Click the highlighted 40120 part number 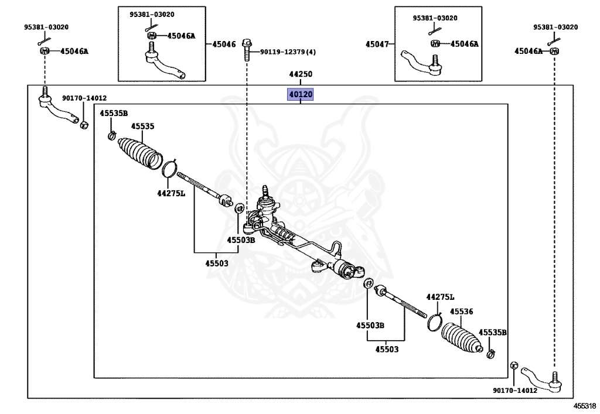coord(300,94)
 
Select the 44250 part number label coord(300,75)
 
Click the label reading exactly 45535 coord(142,126)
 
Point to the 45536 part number coord(461,312)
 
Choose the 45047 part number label coord(377,44)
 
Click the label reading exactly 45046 coord(224,44)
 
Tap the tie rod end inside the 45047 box coord(423,63)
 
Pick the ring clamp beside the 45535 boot coord(169,169)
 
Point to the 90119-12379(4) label coord(288,52)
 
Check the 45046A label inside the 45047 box coord(463,44)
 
